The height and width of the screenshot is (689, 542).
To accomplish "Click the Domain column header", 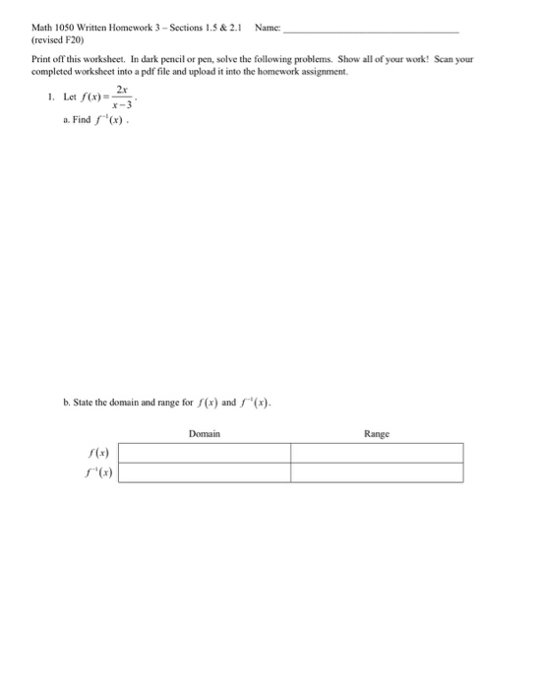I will [x=204, y=433].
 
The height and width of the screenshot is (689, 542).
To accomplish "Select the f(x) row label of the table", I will [x=99, y=453].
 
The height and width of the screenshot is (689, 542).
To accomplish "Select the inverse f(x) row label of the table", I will [x=98, y=472].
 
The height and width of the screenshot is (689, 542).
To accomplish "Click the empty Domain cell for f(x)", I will [x=205, y=453].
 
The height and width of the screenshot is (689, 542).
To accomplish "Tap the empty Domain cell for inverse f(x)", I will [x=205, y=472].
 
